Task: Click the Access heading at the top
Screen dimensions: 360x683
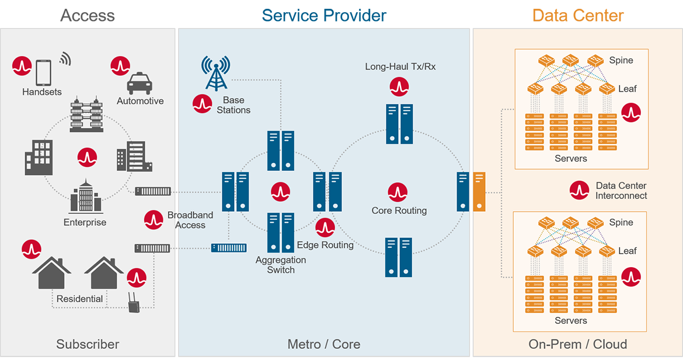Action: point(88,15)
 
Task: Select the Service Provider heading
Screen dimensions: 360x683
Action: point(324,15)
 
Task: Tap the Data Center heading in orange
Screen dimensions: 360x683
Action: point(578,15)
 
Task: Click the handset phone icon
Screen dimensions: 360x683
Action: point(44,72)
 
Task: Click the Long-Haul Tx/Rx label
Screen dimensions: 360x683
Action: point(400,67)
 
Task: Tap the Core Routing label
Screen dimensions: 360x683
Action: point(399,211)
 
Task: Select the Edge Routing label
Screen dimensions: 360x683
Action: point(325,245)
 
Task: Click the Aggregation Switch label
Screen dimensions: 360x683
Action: point(281,265)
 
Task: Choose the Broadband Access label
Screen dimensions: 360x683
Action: point(190,220)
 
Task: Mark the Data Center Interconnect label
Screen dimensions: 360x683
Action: point(621,191)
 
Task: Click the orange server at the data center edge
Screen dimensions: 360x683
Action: point(479,191)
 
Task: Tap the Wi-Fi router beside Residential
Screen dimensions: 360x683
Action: point(133,302)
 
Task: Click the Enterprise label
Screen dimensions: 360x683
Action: point(85,222)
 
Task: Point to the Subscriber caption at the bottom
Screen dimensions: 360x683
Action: point(88,344)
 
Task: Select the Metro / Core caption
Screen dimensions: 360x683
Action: point(324,344)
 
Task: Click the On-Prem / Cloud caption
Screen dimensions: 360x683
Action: point(578,344)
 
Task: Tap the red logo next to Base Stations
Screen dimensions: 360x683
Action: point(202,103)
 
